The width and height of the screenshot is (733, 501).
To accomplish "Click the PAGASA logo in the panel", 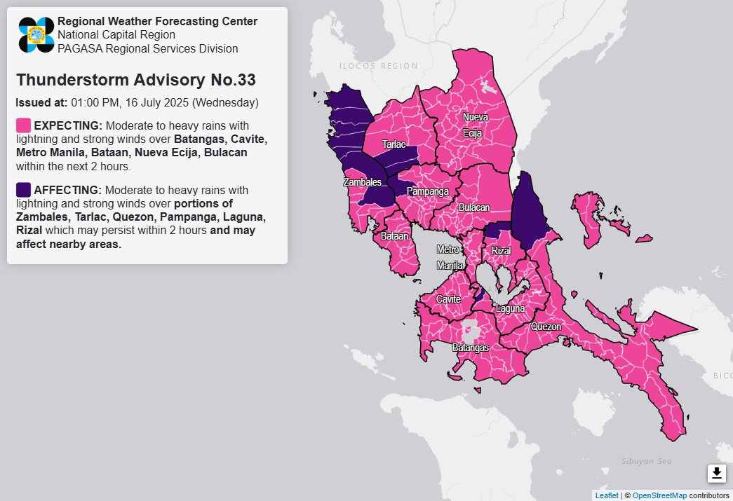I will (x=36, y=34).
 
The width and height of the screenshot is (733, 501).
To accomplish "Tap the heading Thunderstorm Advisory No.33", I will (x=135, y=79).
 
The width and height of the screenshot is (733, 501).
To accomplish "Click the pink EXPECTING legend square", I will (x=23, y=125).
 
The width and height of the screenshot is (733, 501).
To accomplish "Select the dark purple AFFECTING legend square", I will (x=23, y=190).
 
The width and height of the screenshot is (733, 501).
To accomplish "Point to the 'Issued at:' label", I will (x=41, y=102).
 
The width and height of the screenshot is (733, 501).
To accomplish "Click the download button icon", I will (x=716, y=474).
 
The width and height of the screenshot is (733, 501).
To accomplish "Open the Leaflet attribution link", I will (x=606, y=495).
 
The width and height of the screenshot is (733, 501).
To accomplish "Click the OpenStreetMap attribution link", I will (x=659, y=495).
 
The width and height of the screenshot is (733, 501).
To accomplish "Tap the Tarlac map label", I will (x=394, y=144).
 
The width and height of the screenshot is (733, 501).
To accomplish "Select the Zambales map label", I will (x=362, y=182).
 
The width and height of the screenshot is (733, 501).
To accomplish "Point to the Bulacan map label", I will (x=474, y=208).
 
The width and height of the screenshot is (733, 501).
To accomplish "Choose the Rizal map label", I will (x=501, y=251).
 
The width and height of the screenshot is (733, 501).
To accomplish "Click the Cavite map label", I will (x=448, y=299).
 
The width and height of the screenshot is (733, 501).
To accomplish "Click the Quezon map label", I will (x=546, y=327).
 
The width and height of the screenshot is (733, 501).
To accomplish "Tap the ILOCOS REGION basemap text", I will (x=378, y=66).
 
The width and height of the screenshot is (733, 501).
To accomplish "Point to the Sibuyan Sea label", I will (x=646, y=460).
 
